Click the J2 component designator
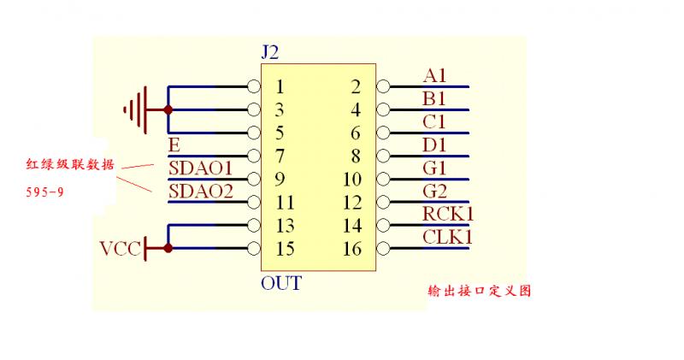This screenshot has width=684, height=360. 270,53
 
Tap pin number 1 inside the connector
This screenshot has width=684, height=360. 280,86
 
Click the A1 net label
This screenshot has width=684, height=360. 434,75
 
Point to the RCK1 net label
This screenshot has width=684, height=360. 448,214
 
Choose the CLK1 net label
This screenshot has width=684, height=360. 447,237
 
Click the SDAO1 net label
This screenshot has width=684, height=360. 201,168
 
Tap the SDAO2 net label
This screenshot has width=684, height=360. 201,191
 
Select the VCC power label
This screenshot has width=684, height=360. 119,249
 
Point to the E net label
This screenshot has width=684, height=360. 174,145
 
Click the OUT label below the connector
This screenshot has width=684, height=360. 280,283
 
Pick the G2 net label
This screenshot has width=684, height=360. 435,191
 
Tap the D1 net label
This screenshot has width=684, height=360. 435,145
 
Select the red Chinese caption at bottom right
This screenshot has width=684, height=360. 480,291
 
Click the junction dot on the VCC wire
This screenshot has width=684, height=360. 168,249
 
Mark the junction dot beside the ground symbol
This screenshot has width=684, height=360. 168,109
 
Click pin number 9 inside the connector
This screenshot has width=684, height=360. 280,180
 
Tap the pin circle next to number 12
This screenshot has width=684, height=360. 382,203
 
